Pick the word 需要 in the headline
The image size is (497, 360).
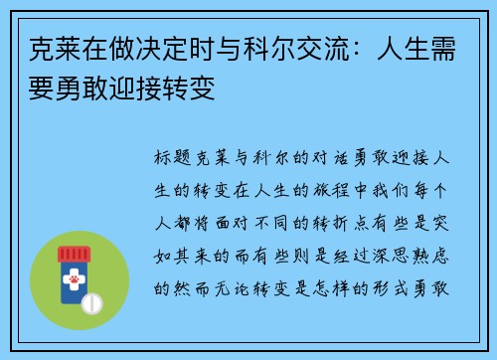[438, 44]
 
